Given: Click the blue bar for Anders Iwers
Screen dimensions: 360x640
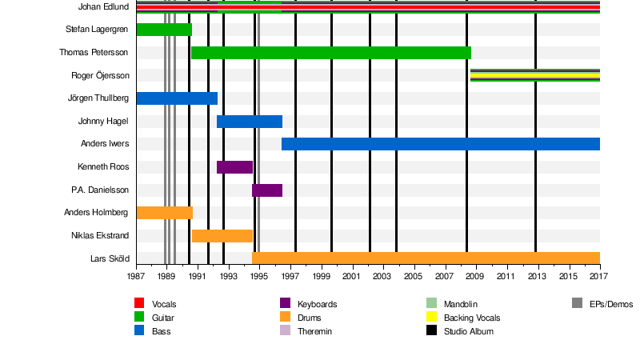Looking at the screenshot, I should [x=440, y=144].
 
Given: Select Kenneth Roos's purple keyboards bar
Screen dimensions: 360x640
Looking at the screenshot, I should [x=234, y=167].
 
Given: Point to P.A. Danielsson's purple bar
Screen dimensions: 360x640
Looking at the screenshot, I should [x=267, y=190].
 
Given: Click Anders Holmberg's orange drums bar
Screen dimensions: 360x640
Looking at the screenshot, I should [x=164, y=213].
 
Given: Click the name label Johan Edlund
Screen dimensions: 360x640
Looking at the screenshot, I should [x=104, y=7].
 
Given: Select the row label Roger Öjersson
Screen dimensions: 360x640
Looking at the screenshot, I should [x=100, y=76].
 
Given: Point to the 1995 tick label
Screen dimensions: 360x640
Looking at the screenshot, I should [x=259, y=277].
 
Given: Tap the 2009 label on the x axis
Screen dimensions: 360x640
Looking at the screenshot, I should [x=475, y=277].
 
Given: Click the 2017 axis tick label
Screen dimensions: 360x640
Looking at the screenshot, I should [x=599, y=277].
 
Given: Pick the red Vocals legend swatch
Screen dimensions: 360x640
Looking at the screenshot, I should [x=139, y=304].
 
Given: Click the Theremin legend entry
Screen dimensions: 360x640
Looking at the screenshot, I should [x=314, y=331].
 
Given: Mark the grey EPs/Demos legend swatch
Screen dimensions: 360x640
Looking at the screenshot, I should [x=578, y=304].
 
